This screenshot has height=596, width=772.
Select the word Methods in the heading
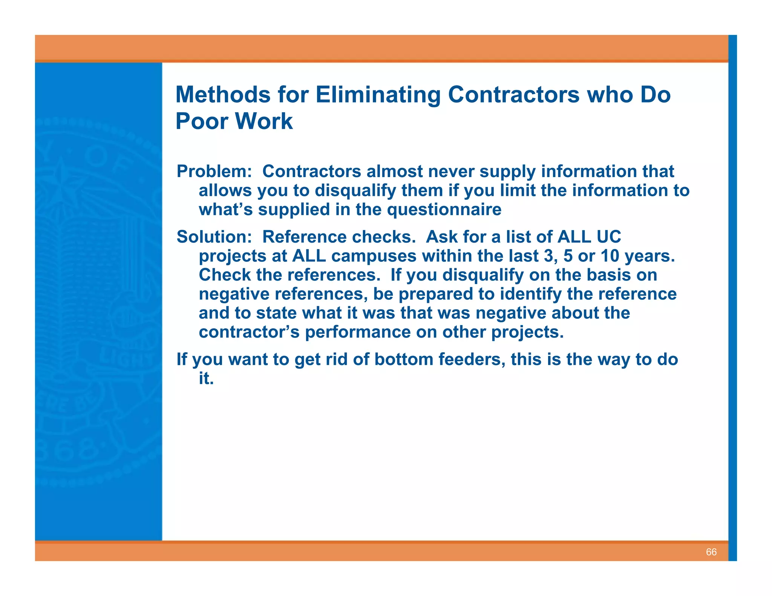click(223, 95)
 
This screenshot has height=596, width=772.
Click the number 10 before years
click(610, 256)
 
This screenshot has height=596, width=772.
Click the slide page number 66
click(711, 552)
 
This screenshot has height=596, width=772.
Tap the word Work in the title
click(263, 121)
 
